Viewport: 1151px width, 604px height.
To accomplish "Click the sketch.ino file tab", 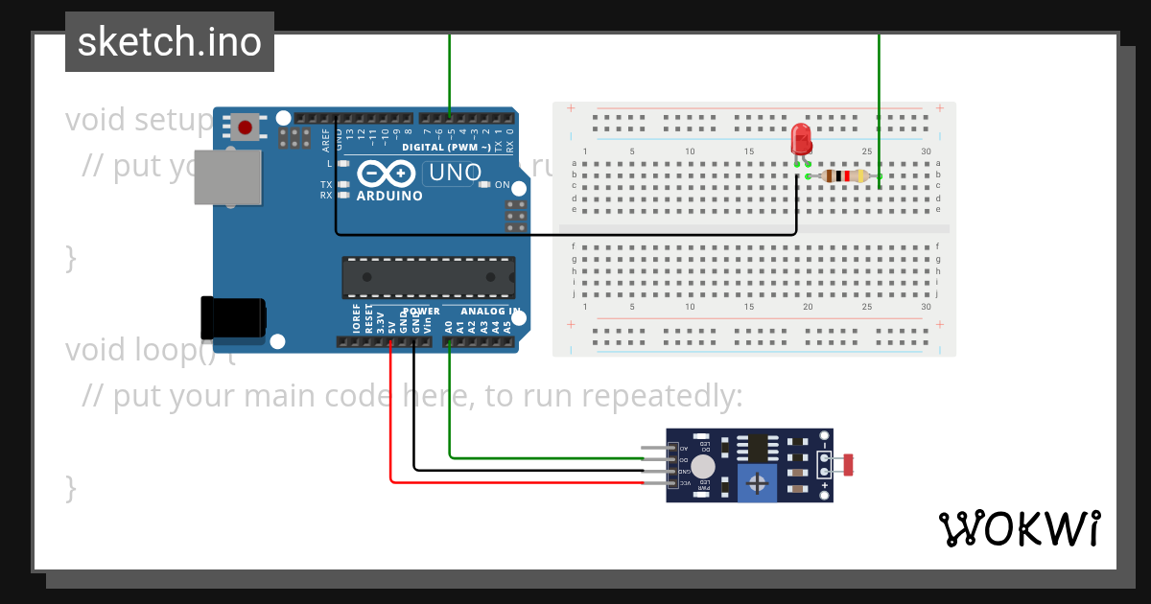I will tap(170, 42).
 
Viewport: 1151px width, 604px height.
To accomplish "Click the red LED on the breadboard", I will tap(801, 140).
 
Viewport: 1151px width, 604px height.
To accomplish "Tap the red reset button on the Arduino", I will tap(247, 127).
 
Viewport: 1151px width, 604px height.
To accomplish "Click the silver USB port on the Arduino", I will tap(227, 176).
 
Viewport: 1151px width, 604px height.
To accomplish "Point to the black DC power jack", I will tap(232, 317).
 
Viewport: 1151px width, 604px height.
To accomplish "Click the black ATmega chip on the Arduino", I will tap(429, 277).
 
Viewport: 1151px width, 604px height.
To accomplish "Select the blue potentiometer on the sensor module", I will tap(759, 482).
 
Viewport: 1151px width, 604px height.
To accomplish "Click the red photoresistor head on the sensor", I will tap(846, 465).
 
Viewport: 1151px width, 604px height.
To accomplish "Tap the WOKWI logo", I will tap(1019, 528).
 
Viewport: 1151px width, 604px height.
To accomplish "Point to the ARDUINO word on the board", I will tap(389, 196).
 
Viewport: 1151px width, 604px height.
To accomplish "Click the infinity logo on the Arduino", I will tap(387, 174).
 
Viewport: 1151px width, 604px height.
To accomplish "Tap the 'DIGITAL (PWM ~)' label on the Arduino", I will tap(446, 147).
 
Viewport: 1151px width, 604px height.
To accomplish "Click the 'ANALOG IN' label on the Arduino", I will tap(490, 312).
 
